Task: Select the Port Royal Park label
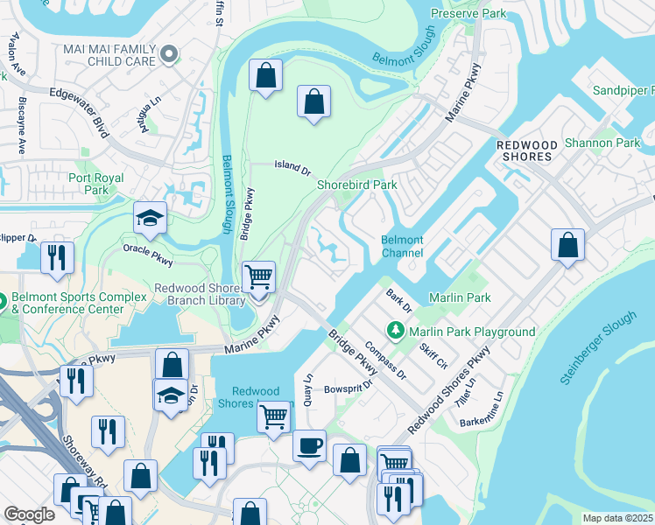96,184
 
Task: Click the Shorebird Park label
356,185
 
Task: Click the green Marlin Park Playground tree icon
396,331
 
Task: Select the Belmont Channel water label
402,247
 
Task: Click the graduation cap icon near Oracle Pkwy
150,219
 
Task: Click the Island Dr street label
292,164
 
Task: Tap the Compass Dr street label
385,360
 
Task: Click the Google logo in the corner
29,514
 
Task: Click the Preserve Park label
468,13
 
